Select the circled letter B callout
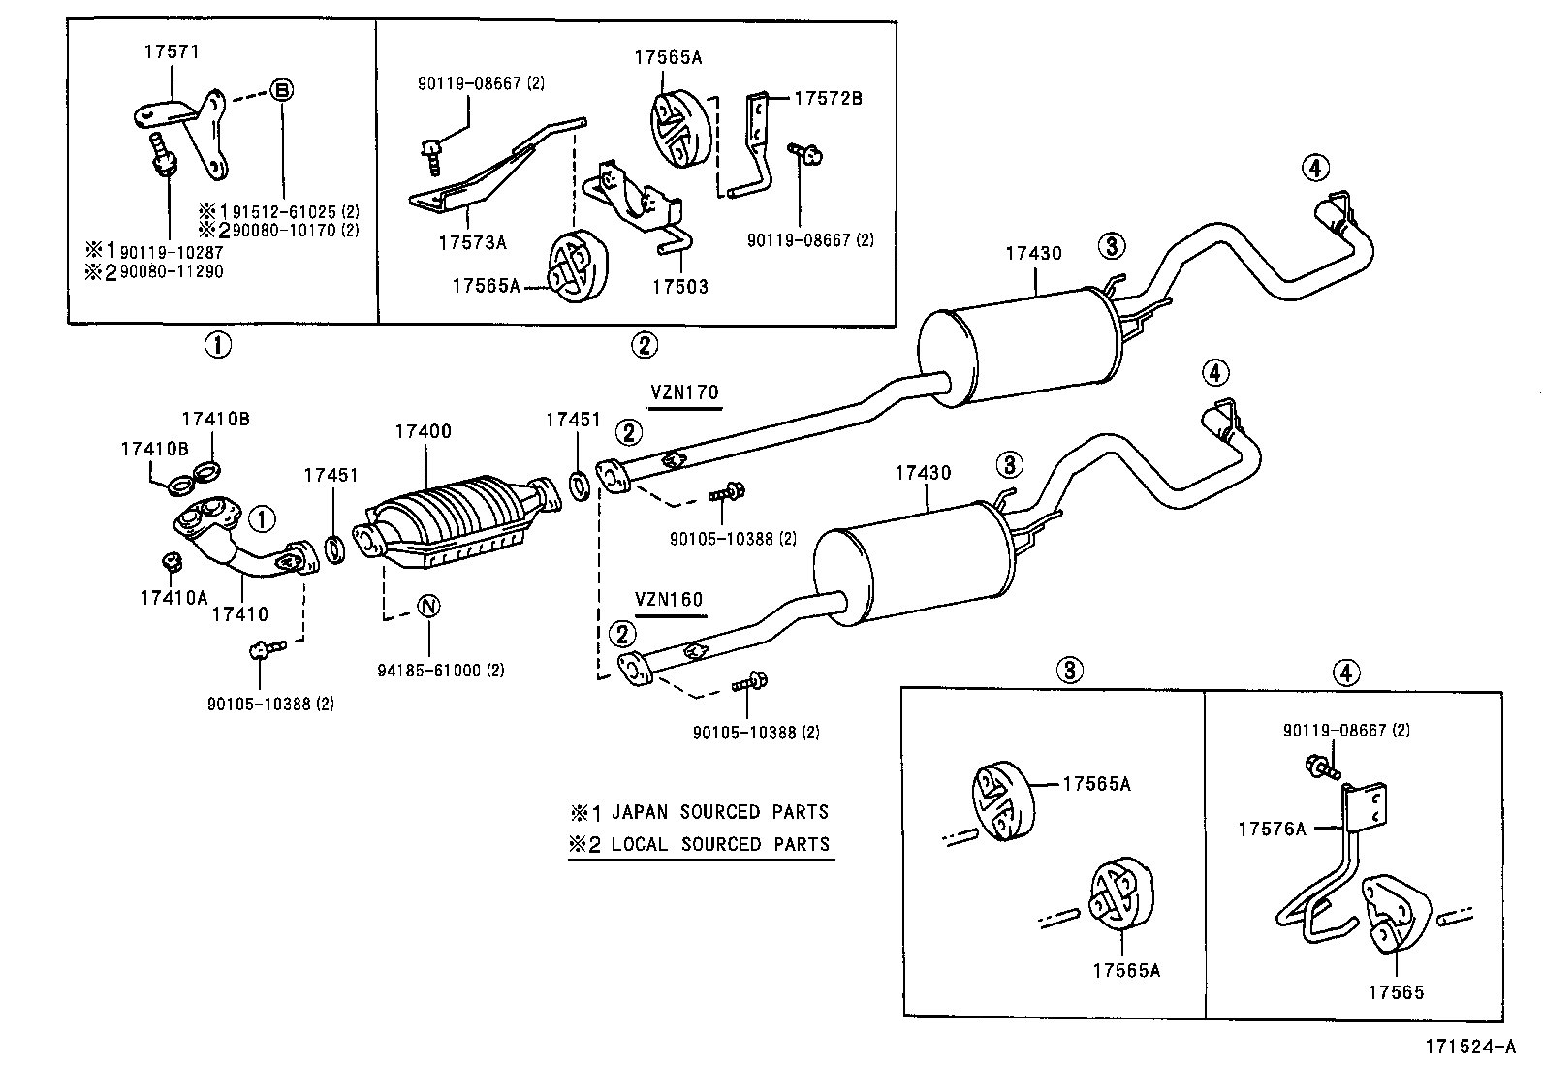tap(281, 91)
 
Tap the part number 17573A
tap(471, 242)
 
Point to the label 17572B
tap(828, 98)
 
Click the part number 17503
tap(679, 287)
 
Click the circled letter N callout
tap(429, 607)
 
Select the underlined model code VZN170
tap(684, 392)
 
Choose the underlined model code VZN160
tap(669, 599)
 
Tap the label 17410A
tap(173, 597)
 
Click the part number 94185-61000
tap(435, 671)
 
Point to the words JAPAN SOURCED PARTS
tap(719, 812)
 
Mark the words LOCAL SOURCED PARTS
tap(719, 844)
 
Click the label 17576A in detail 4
tap(1272, 829)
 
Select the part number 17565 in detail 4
tap(1396, 991)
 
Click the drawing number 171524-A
tap(1469, 1047)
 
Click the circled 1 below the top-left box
tap(217, 344)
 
